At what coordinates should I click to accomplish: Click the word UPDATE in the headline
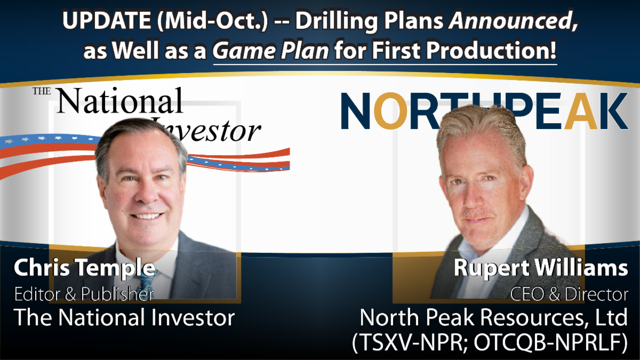pyautogui.click(x=107, y=21)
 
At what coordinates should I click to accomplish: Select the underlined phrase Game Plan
pyautogui.click(x=270, y=51)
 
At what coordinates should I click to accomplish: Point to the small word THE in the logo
pyautogui.click(x=42, y=91)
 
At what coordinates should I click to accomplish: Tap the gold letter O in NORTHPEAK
pyautogui.click(x=390, y=110)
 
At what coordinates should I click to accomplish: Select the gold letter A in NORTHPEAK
pyautogui.click(x=581, y=111)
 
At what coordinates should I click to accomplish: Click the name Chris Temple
pyautogui.click(x=85, y=268)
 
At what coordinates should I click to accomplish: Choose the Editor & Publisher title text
pyautogui.click(x=84, y=294)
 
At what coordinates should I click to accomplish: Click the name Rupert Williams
pyautogui.click(x=541, y=268)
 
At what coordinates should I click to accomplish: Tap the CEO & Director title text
pyautogui.click(x=569, y=294)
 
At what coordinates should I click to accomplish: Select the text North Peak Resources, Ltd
pyautogui.click(x=493, y=317)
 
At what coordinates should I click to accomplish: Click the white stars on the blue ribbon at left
pyautogui.click(x=43, y=139)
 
